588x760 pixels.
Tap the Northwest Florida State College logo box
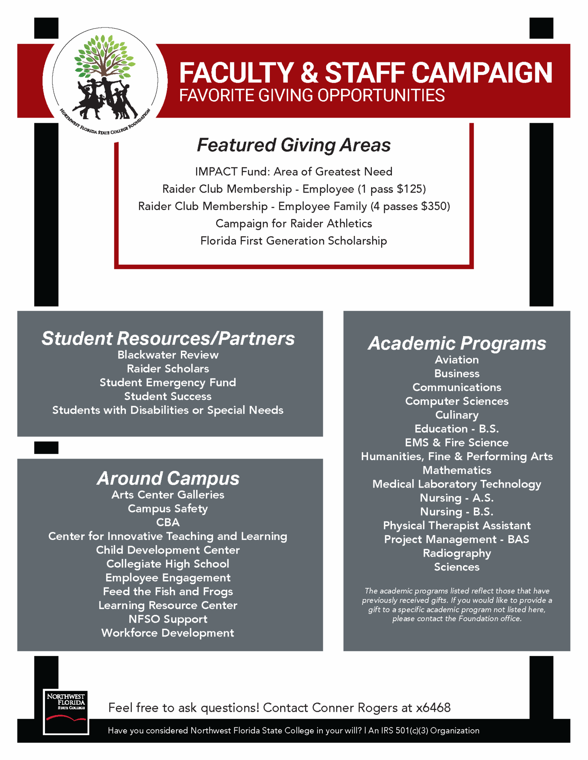click(66, 711)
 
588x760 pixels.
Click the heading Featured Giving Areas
click(293, 145)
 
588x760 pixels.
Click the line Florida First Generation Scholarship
click(293, 241)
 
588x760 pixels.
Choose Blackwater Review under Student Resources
click(168, 355)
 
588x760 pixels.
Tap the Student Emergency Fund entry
click(168, 382)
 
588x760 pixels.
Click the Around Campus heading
click(168, 478)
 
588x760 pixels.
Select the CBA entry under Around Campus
click(168, 522)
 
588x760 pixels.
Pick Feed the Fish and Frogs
click(168, 591)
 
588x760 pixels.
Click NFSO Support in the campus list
click(168, 619)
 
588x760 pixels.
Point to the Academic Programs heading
click(457, 343)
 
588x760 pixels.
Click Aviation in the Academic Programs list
click(457, 360)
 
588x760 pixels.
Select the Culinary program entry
click(457, 415)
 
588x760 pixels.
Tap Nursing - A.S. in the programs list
click(457, 498)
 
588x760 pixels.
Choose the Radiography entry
click(457, 553)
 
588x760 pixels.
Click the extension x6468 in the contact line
click(433, 708)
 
